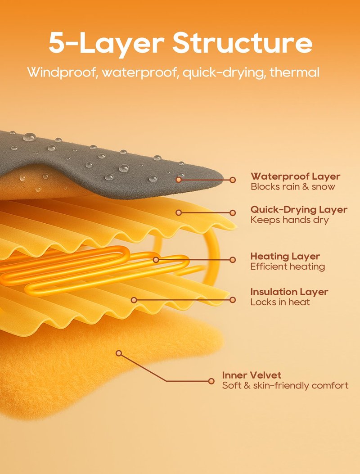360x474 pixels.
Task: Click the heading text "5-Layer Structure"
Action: (180, 43)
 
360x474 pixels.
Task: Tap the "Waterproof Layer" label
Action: (295, 176)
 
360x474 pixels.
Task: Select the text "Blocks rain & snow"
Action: (292, 186)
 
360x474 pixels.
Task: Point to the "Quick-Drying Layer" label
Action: (299, 209)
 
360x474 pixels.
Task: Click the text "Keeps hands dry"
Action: (289, 220)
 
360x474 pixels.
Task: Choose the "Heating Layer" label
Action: (285, 256)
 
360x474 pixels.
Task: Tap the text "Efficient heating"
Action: (288, 266)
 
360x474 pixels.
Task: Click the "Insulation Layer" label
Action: (289, 292)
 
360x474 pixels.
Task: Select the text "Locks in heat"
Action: (280, 302)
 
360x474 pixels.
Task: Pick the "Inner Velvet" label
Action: (252, 375)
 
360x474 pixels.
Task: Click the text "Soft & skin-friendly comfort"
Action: (285, 385)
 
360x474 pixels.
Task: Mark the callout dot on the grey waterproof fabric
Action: (179, 180)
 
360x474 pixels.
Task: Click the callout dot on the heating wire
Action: (156, 260)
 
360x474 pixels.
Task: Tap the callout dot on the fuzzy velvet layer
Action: (119, 353)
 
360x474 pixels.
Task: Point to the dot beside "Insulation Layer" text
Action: (233, 300)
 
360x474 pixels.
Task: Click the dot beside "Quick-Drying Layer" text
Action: (233, 213)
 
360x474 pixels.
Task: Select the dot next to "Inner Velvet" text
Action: (211, 381)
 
